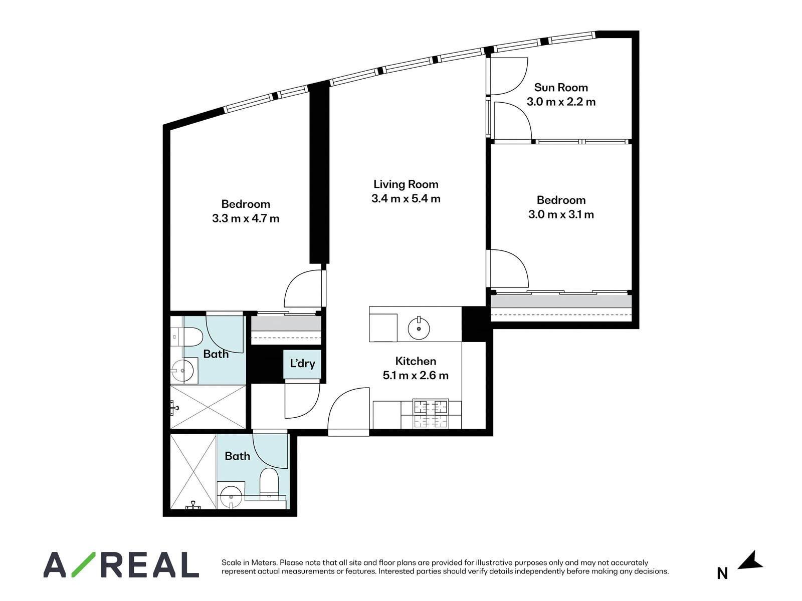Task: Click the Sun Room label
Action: click(x=561, y=88)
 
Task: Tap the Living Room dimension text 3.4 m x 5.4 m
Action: click(x=406, y=199)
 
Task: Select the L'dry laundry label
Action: click(x=303, y=364)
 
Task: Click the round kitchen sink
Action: click(x=419, y=328)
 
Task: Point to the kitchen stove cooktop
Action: click(x=431, y=414)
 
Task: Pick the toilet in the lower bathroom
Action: click(x=269, y=482)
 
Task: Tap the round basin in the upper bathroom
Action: click(x=182, y=371)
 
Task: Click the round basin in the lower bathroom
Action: click(x=230, y=496)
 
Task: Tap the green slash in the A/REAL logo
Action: click(x=83, y=564)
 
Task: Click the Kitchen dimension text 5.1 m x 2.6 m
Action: click(x=416, y=376)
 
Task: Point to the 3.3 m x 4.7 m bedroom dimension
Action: click(x=246, y=218)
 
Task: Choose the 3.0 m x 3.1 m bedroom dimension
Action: click(x=561, y=214)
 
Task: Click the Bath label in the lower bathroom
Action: click(x=238, y=456)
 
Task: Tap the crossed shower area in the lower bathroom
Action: click(x=193, y=471)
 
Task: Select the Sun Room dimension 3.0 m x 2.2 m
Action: click(x=561, y=102)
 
